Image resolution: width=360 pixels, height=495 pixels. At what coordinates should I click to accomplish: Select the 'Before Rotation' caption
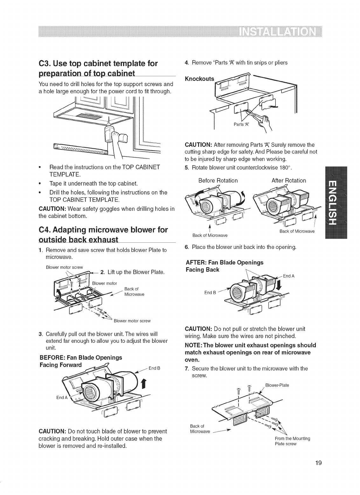(x=218, y=180)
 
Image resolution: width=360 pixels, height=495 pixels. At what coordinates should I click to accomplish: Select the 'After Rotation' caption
(x=289, y=180)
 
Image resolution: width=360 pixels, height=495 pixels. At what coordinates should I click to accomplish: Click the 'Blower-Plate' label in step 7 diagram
(x=277, y=385)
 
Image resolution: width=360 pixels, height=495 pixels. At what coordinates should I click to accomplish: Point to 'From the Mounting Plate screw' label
(x=293, y=441)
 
